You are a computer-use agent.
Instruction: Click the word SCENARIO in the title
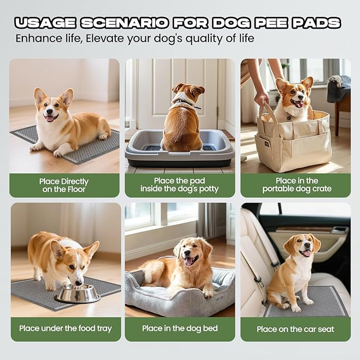[124, 23]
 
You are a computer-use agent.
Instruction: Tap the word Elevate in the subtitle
[105, 38]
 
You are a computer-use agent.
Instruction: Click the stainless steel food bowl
[77, 293]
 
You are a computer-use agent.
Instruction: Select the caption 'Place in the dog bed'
[180, 328]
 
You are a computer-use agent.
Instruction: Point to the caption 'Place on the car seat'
[295, 329]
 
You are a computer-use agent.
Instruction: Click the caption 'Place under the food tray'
[65, 329]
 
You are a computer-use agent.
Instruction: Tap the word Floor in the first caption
[76, 189]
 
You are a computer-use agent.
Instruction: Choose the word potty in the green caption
[208, 189]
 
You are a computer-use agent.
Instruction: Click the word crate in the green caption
[322, 189]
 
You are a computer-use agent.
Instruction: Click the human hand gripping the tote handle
[261, 97]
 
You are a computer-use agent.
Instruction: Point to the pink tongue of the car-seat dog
[307, 253]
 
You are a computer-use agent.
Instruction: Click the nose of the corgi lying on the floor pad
[49, 111]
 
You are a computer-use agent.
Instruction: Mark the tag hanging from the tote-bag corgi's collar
[289, 117]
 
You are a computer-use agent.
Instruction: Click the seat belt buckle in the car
[258, 279]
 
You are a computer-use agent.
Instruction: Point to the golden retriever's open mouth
[191, 260]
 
